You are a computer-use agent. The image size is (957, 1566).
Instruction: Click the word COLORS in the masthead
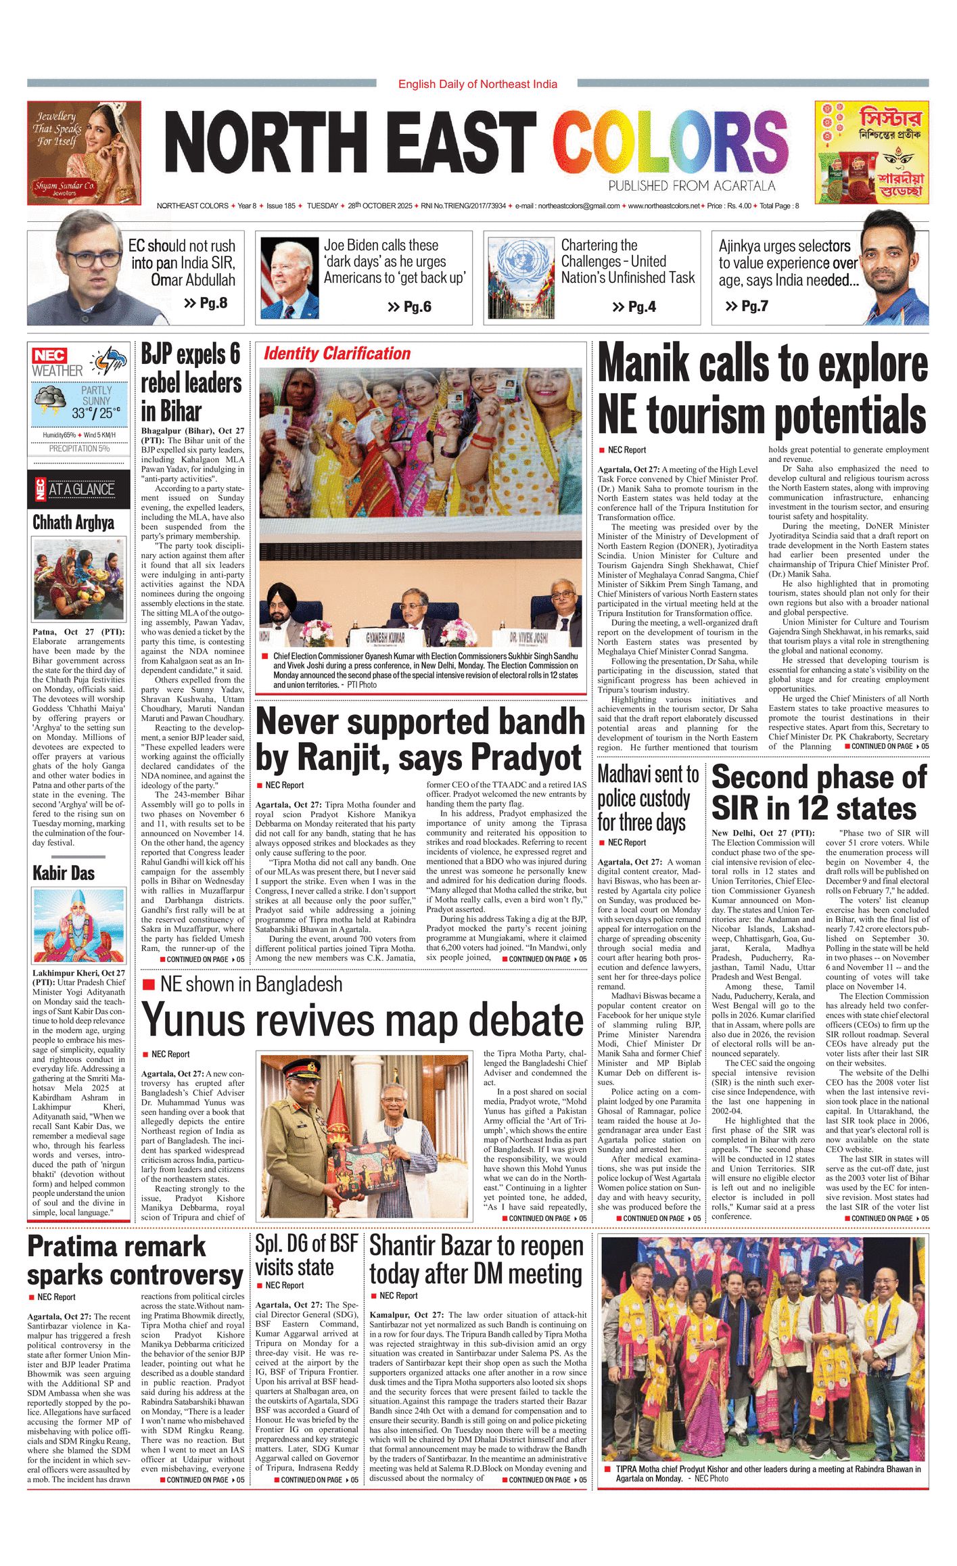(x=670, y=143)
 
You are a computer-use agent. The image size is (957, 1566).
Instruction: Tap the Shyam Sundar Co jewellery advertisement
(x=85, y=153)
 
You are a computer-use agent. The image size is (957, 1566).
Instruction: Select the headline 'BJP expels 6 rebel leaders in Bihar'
(x=191, y=383)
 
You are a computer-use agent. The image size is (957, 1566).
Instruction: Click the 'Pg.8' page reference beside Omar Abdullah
(x=206, y=303)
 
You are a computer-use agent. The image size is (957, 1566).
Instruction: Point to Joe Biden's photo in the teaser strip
(x=290, y=278)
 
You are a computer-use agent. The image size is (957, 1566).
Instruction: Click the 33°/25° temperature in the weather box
(x=96, y=412)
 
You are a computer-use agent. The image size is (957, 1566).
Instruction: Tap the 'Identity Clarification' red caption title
(x=337, y=353)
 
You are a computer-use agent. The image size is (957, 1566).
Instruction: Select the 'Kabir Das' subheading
(x=64, y=873)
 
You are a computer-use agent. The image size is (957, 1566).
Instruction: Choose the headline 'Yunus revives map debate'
(x=363, y=1019)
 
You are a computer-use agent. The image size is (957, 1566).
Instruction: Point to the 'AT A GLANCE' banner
(x=79, y=489)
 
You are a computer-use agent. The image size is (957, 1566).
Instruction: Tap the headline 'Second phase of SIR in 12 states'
(x=819, y=792)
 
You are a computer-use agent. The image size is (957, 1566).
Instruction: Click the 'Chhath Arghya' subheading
(x=74, y=522)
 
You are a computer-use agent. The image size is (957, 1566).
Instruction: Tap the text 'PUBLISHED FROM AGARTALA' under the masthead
(x=691, y=186)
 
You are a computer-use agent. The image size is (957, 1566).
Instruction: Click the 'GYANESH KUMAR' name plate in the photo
(x=386, y=637)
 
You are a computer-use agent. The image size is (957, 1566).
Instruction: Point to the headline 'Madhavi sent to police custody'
(x=648, y=798)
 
